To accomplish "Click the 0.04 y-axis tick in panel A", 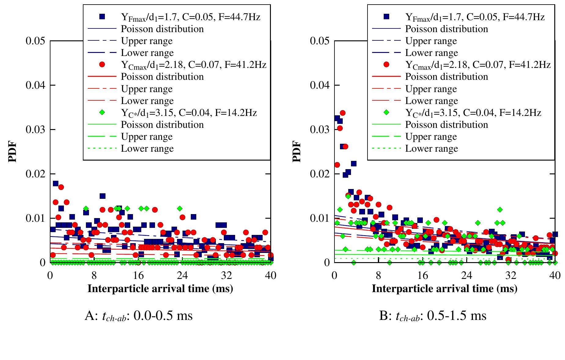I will (x=35, y=85).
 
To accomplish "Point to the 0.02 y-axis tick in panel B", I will (x=320, y=174).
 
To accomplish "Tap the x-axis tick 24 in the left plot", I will (x=183, y=275).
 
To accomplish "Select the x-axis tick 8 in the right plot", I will (x=379, y=275).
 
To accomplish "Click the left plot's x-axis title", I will (x=160, y=288).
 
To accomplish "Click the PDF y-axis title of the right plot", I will (x=297, y=151).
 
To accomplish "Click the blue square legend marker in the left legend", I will (x=102, y=17).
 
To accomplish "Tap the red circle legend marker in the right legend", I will (x=386, y=65).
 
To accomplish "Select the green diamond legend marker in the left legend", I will (x=102, y=113).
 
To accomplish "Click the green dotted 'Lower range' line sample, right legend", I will (x=386, y=149).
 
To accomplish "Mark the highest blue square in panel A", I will (x=56, y=184).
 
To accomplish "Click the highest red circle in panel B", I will (x=343, y=113).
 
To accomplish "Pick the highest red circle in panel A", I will (x=61, y=187).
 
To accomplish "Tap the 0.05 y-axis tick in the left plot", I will (x=35, y=41).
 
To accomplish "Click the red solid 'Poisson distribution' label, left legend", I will (x=162, y=77).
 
